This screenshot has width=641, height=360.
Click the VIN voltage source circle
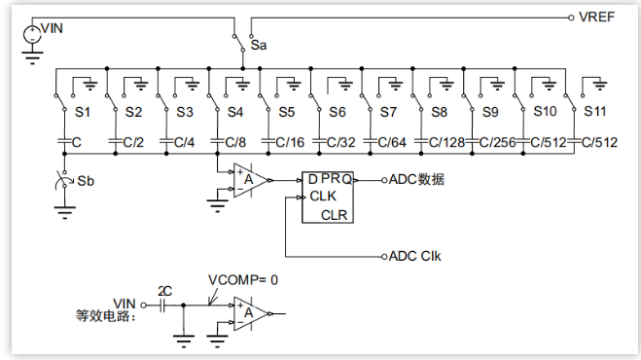(x=32, y=34)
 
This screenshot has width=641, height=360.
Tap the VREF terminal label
(x=597, y=18)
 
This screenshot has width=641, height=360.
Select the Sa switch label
(x=259, y=45)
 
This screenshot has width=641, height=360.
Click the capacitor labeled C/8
(x=217, y=141)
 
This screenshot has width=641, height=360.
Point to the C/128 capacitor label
(x=446, y=142)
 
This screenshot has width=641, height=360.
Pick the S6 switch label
(x=338, y=112)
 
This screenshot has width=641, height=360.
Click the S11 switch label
(x=595, y=111)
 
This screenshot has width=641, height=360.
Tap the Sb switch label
(x=86, y=181)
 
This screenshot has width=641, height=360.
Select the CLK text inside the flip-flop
(x=323, y=197)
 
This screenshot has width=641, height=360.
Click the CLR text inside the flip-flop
(x=334, y=215)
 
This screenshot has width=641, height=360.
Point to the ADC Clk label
(x=415, y=257)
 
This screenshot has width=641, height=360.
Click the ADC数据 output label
(x=416, y=180)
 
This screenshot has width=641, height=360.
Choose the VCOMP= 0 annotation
(x=243, y=280)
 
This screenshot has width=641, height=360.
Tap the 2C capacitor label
(x=164, y=291)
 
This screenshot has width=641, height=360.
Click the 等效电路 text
(x=105, y=316)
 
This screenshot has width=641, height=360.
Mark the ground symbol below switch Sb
(x=64, y=213)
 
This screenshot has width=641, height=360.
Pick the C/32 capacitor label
(x=341, y=142)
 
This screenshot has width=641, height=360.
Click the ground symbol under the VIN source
(x=32, y=58)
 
